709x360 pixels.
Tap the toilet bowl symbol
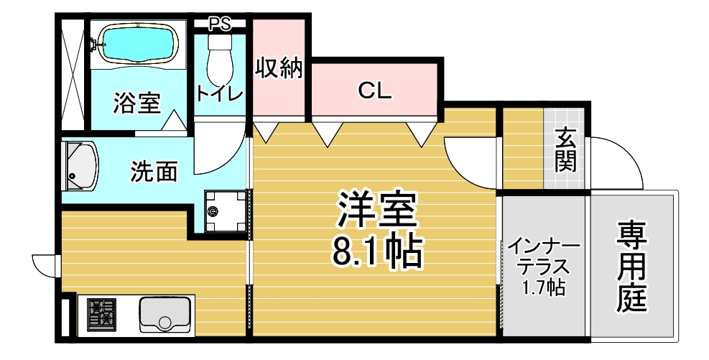(220, 59)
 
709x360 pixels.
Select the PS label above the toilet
(220, 24)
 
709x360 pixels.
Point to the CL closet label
(374, 92)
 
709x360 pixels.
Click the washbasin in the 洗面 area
(80, 166)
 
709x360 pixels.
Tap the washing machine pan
(225, 211)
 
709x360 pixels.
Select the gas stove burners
(102, 313)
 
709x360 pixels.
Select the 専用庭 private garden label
(632, 266)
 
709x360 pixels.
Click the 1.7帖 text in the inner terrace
(544, 287)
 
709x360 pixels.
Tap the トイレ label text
(220, 94)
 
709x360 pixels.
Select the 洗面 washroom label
(154, 172)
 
